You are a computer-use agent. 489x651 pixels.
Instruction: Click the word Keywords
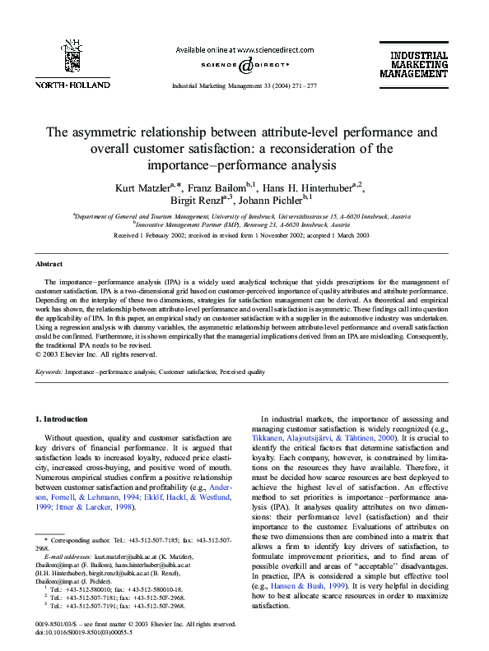tap(50, 372)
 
